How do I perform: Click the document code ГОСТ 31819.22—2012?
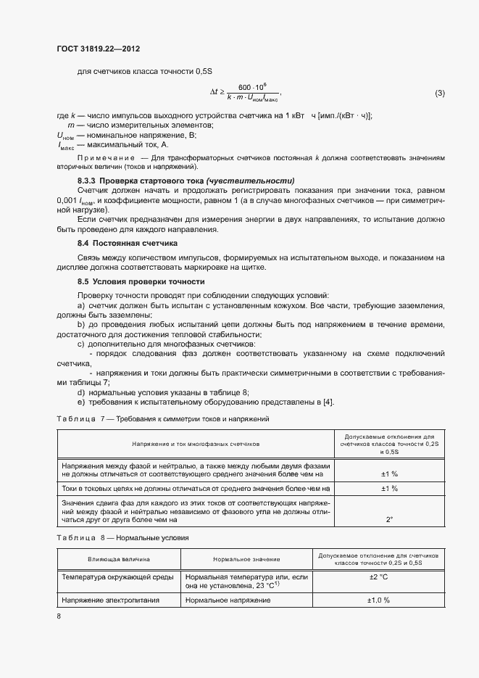[98, 49]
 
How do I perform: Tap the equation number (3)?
[439, 94]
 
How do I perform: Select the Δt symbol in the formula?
[214, 93]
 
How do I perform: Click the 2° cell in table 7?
[388, 519]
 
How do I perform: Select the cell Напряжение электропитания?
[110, 600]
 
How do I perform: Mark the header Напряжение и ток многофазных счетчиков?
[196, 443]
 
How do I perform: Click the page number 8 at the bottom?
[59, 616]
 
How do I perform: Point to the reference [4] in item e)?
[328, 402]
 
